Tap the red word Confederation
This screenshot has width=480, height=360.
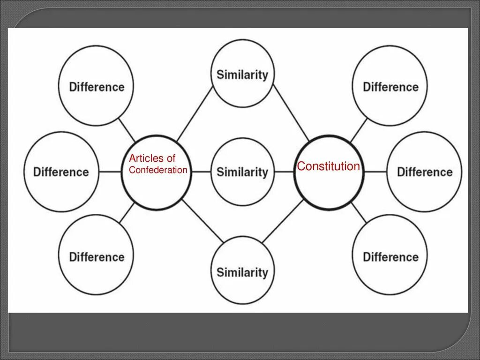[158, 170]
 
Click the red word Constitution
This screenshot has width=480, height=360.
[329, 166]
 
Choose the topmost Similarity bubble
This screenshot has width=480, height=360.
[242, 74]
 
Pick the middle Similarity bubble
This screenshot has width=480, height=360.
[242, 172]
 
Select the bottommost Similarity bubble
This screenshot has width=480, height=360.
[242, 272]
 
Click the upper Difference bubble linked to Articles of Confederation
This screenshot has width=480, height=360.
[96, 87]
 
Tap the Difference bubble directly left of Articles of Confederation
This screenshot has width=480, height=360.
[60, 172]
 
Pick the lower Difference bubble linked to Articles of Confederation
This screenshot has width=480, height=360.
[96, 257]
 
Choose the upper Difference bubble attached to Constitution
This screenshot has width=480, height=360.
[390, 87]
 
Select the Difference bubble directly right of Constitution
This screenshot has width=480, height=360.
[424, 172]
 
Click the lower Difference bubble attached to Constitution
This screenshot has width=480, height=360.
[390, 257]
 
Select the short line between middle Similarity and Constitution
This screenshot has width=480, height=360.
[284, 172]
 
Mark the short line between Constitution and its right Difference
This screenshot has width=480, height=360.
[375, 172]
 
